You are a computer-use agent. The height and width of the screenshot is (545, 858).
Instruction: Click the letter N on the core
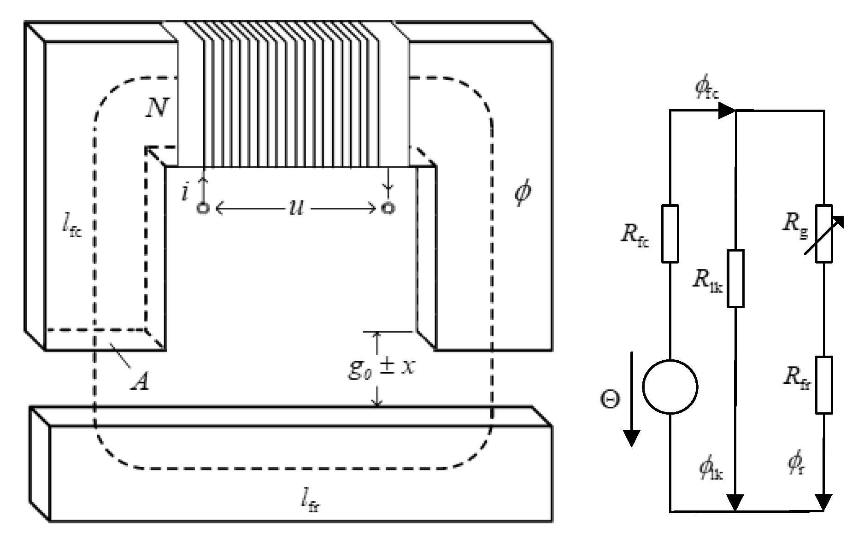[156, 109]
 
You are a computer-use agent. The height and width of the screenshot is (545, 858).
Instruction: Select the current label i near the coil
[185, 193]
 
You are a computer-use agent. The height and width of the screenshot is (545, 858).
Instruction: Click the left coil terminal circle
[203, 209]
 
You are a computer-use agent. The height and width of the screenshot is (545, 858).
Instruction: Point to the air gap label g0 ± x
[381, 369]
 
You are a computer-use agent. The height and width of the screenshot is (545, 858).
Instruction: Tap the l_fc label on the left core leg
[72, 227]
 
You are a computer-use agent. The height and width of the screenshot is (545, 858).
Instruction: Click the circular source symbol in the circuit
[670, 387]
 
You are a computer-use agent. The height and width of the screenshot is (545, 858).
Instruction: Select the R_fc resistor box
[670, 234]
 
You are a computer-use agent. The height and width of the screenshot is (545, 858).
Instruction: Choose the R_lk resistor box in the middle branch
[735, 279]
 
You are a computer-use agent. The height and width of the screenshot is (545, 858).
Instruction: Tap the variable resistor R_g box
[824, 234]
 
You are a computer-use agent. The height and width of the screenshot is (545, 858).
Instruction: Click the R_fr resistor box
[824, 385]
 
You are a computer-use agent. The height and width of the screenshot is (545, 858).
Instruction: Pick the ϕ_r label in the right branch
[796, 465]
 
